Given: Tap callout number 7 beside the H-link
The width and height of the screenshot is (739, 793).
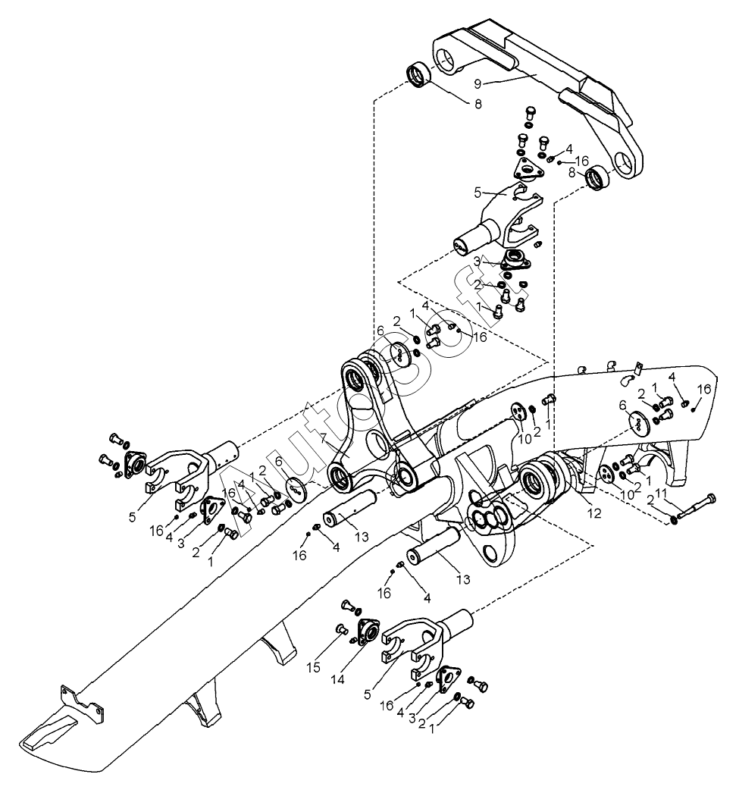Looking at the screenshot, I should click(x=323, y=439).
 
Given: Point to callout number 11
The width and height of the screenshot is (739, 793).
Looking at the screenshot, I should click(x=661, y=494).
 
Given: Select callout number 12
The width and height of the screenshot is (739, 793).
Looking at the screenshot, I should click(x=593, y=513).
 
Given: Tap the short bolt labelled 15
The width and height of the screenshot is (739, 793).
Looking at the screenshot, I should click(x=341, y=628).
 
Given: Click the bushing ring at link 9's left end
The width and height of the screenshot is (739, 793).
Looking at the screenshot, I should click(x=419, y=76).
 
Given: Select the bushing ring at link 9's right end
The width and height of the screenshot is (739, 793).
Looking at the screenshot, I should click(x=597, y=179).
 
